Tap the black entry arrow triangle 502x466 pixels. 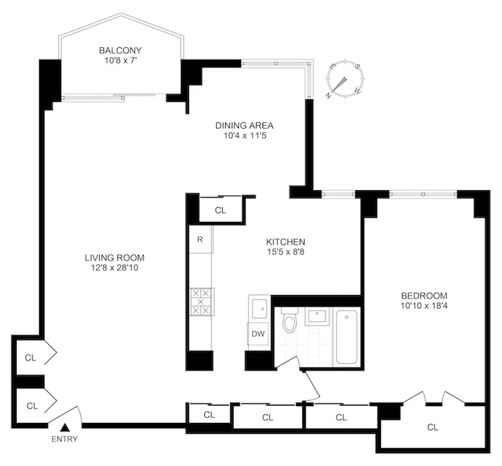[x=65, y=428]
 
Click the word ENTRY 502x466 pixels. [x=65, y=439]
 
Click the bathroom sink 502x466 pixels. [x=317, y=317]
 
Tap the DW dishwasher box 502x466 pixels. [x=258, y=334]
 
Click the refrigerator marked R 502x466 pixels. [x=200, y=239]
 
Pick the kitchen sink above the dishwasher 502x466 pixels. [x=259, y=308]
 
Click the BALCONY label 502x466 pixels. [x=120, y=50]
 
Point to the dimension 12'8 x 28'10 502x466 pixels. [x=114, y=268]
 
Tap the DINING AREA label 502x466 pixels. [x=244, y=126]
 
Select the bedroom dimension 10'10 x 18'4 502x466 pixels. [x=424, y=305]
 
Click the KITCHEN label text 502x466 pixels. [x=285, y=242]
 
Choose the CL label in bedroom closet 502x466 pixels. [x=433, y=427]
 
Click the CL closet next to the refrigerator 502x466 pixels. [x=220, y=210]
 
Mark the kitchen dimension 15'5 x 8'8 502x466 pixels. [x=285, y=252]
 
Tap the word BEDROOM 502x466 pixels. [x=424, y=296]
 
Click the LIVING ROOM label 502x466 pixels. [x=114, y=258]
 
